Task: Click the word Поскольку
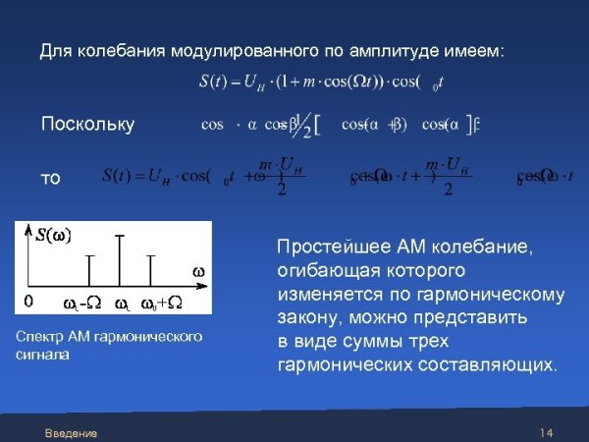pos(86,125)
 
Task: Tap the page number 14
pos(547,433)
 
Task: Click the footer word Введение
pos(71,433)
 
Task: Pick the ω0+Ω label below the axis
pos(161,302)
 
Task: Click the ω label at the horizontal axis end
pos(197,270)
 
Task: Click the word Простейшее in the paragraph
pos(327,247)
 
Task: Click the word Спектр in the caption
pos(39,337)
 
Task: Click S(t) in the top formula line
pos(216,82)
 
